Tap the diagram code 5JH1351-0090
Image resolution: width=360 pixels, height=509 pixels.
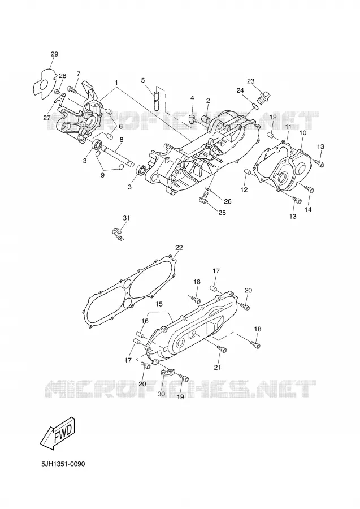pyautogui.click(x=63, y=464)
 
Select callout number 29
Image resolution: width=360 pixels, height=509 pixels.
pyautogui.click(x=54, y=54)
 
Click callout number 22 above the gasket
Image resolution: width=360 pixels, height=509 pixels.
pyautogui.click(x=179, y=248)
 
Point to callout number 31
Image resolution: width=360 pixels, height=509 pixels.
pyautogui.click(x=126, y=218)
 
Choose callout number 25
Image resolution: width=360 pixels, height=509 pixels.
pyautogui.click(x=222, y=213)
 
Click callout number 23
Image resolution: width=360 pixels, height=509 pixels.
pyautogui.click(x=251, y=81)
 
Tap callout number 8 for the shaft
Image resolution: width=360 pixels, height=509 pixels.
pyautogui.click(x=122, y=140)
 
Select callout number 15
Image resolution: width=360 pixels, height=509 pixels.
pyautogui.click(x=159, y=304)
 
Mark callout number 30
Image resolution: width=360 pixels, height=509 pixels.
pyautogui.click(x=161, y=394)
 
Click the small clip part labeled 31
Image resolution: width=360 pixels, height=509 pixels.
pyautogui.click(x=116, y=234)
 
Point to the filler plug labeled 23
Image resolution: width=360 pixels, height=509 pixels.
pyautogui.click(x=263, y=97)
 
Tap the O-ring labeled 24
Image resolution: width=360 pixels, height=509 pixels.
pyautogui.click(x=255, y=105)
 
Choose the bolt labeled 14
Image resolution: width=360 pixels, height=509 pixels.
pyautogui.click(x=308, y=188)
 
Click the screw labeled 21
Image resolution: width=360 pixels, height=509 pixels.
pyautogui.click(x=222, y=348)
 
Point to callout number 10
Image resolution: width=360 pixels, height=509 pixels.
pyautogui.click(x=302, y=133)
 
